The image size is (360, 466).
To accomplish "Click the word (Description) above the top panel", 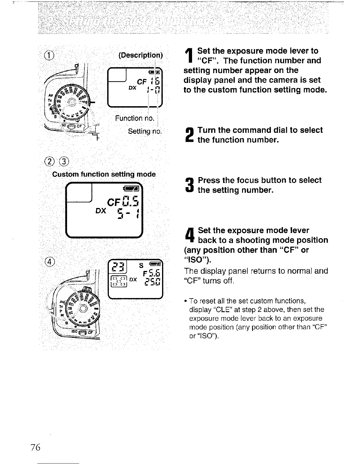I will [140, 55].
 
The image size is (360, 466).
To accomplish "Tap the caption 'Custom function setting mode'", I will [104, 174].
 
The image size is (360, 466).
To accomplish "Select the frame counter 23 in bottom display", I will [118, 268].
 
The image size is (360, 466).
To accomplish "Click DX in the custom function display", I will [101, 211].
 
